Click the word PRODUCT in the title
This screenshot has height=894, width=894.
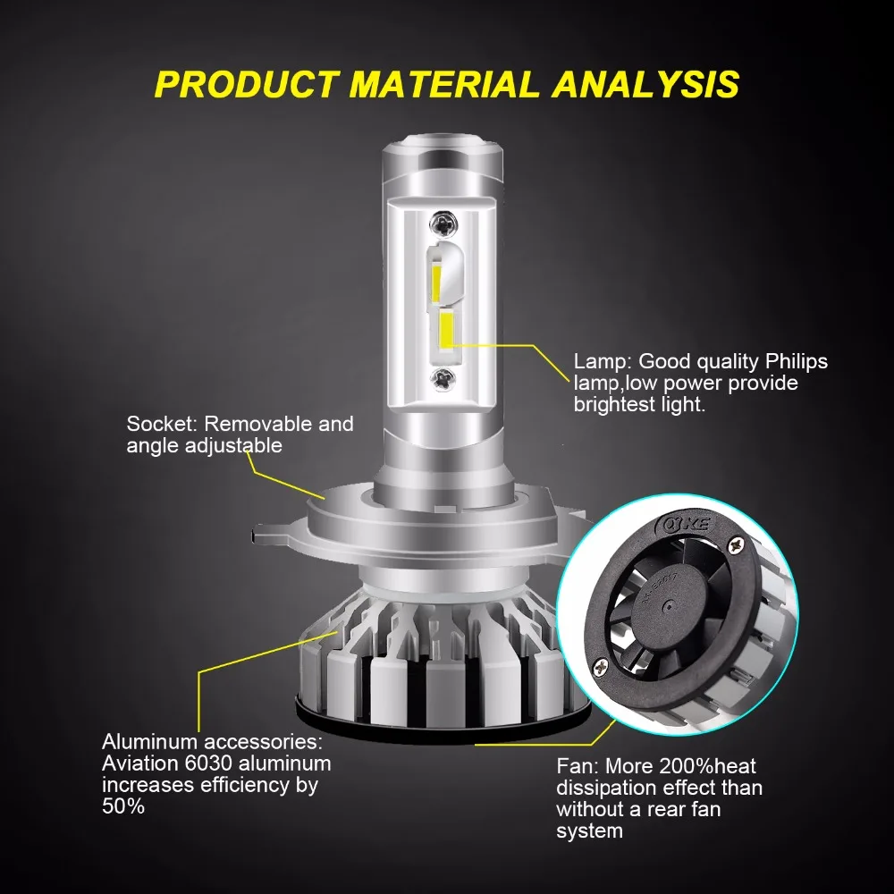[x=247, y=84]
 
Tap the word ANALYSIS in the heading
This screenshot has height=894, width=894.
[x=645, y=84]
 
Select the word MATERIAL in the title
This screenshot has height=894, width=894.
[x=444, y=84]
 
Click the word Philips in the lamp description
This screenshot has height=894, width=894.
[x=796, y=361]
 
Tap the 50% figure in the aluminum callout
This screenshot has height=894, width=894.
[x=123, y=806]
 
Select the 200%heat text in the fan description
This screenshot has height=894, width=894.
[x=707, y=766]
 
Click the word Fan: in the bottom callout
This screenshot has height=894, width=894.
[x=578, y=766]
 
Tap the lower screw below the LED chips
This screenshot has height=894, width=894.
[x=443, y=378]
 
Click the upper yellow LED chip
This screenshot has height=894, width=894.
[x=435, y=283]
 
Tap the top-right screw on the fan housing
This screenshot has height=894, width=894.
[x=737, y=545]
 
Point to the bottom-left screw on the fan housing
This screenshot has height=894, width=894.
[x=600, y=666]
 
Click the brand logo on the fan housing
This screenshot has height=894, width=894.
[x=686, y=524]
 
